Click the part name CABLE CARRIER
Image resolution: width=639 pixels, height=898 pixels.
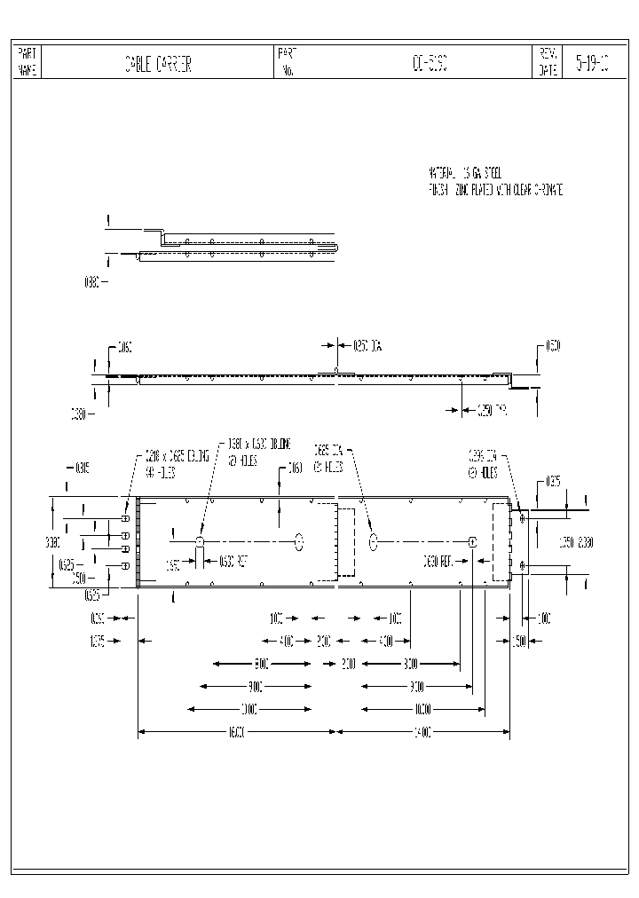pos(158,64)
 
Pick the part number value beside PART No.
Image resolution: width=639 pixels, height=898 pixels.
pos(430,64)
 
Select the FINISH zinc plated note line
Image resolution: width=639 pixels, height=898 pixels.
pos(494,190)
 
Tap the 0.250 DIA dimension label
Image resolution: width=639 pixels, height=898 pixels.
pos(367,346)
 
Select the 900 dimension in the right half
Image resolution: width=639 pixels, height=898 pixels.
pos(415,686)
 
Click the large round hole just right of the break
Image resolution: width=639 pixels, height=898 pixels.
pos(374,540)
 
